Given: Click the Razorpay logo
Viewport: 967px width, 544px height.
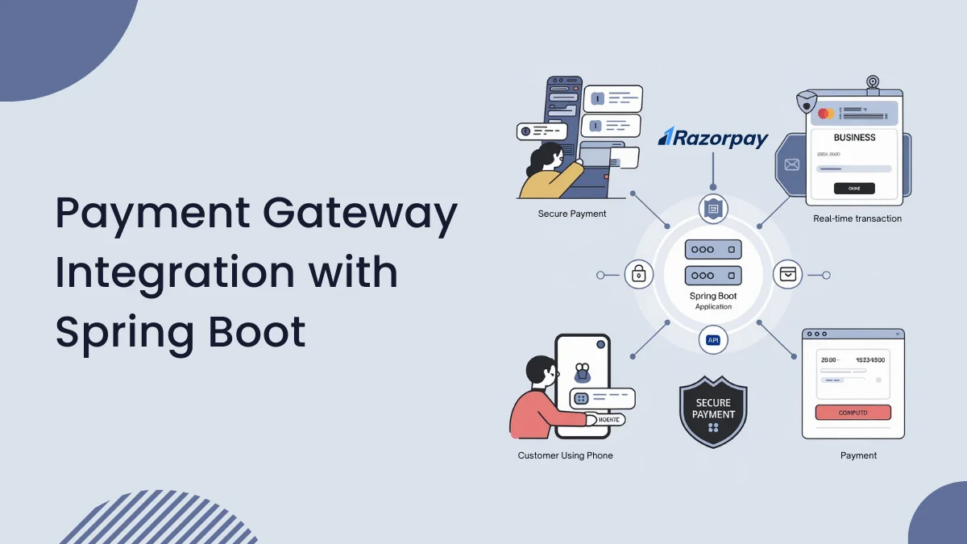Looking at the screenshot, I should pos(713,138).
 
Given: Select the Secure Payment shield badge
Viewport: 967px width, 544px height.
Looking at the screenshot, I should pos(713,410).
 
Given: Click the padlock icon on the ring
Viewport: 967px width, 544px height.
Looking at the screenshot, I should pos(639,275).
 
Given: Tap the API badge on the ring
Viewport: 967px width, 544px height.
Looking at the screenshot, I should pos(713,340).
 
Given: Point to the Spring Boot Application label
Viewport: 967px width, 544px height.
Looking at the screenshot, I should pos(713,301).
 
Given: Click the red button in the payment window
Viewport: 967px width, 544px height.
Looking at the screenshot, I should pos(853,413).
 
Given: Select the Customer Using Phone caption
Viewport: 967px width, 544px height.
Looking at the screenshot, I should pos(565,455).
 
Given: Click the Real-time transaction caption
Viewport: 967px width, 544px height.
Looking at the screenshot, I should pos(857,218).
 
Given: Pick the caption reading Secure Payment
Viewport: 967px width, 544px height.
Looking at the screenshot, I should pos(572,214).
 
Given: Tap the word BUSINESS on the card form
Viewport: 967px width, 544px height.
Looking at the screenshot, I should pos(854,138).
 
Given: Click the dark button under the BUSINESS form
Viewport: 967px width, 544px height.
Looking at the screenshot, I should pos(854,189).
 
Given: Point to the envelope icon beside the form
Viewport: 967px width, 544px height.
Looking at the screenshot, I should pos(791,165).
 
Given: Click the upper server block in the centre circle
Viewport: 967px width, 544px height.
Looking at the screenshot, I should pos(713,251).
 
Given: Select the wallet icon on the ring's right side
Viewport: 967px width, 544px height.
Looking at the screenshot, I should pos(787,275).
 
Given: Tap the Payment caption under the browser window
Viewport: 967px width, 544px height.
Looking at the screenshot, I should pos(858,455).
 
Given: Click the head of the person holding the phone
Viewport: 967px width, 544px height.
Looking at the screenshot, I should pos(538,372).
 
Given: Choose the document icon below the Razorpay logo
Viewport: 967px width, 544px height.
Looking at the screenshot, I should pos(713,210).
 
